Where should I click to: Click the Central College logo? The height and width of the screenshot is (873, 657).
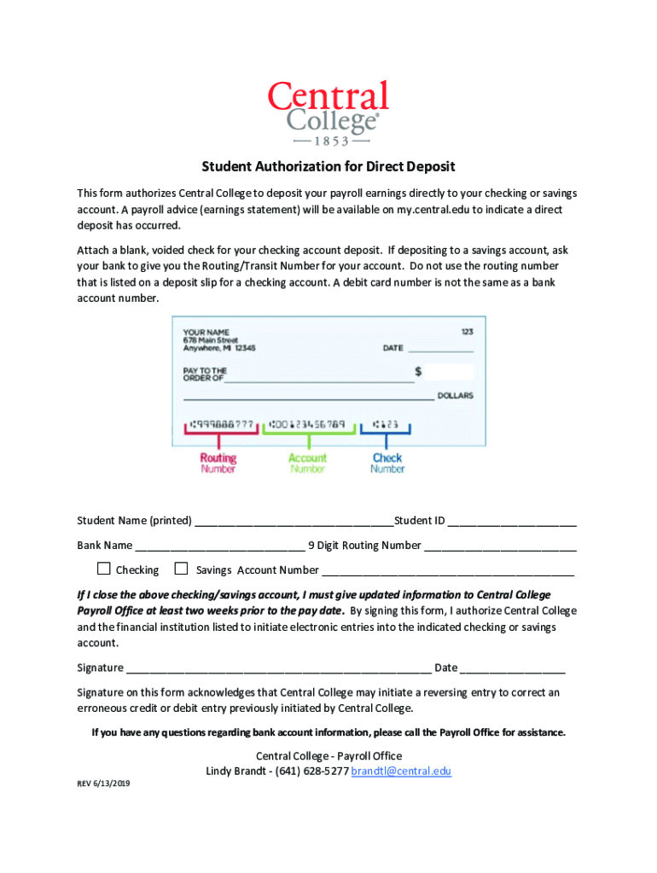pyautogui.click(x=328, y=113)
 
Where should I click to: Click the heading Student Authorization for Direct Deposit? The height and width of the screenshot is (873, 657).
pyautogui.click(x=328, y=166)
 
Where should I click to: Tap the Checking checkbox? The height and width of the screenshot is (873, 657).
pyautogui.click(x=104, y=569)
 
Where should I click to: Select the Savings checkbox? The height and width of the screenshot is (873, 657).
pyautogui.click(x=181, y=569)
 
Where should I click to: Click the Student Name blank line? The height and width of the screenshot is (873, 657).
pyautogui.click(x=294, y=522)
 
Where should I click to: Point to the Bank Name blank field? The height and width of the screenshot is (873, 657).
pyautogui.click(x=220, y=546)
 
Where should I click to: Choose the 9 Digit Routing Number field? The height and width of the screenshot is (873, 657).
pyautogui.click(x=500, y=546)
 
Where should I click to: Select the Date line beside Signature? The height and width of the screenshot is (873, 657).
pyautogui.click(x=513, y=668)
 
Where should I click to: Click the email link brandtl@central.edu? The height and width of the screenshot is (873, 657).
pyautogui.click(x=401, y=772)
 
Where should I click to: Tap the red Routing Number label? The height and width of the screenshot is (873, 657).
pyautogui.click(x=218, y=463)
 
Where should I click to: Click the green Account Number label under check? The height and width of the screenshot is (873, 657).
pyautogui.click(x=307, y=463)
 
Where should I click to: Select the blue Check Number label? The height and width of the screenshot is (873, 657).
pyautogui.click(x=387, y=463)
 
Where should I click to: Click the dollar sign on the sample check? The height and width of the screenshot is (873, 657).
pyautogui.click(x=418, y=372)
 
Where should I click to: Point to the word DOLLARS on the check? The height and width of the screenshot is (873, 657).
pyautogui.click(x=455, y=396)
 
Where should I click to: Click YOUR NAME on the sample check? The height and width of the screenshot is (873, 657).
pyautogui.click(x=206, y=332)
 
